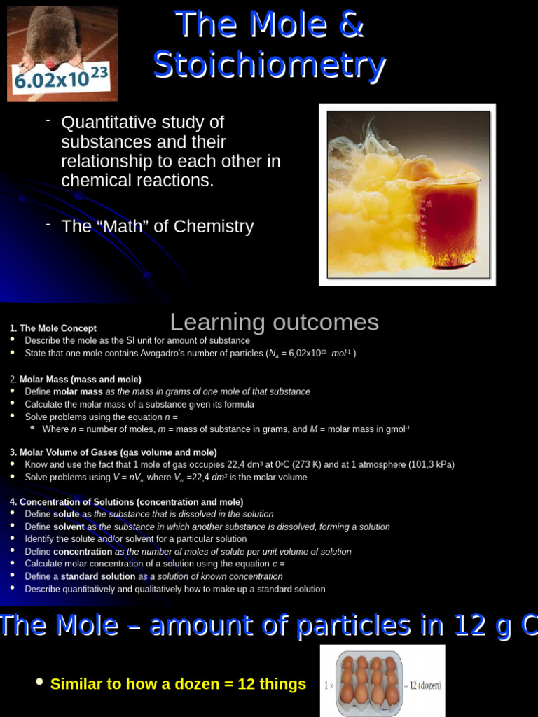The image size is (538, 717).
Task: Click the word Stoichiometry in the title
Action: click(x=269, y=66)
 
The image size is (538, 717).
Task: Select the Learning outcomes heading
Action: click(x=274, y=322)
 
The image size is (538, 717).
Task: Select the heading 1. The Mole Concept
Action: click(x=53, y=328)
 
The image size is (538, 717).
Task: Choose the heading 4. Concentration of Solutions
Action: click(x=127, y=502)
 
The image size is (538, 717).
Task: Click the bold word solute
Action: click(x=67, y=514)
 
